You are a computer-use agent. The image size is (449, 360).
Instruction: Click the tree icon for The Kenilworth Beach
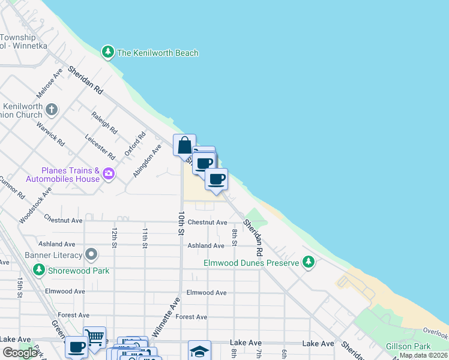coord(108,52)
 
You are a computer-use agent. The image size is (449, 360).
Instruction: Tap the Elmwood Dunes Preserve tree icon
coord(309,262)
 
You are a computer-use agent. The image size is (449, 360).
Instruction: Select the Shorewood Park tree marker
coord(39,270)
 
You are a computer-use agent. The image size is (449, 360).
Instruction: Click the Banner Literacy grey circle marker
coord(91,254)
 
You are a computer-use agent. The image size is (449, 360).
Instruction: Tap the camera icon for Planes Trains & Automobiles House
coord(108,174)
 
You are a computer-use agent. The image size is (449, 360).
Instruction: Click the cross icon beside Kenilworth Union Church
coord(52,110)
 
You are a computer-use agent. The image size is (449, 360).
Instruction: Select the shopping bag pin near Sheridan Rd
coord(184,145)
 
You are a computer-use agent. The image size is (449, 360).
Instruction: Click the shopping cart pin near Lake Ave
coord(94,338)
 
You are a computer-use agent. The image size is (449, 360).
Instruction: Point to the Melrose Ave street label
coord(49,83)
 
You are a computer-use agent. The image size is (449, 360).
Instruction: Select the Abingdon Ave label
coord(155,160)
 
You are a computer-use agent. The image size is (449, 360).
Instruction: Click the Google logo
coord(20,352)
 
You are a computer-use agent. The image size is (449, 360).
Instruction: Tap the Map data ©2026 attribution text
coord(423,355)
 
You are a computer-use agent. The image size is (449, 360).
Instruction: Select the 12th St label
coord(113,236)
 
